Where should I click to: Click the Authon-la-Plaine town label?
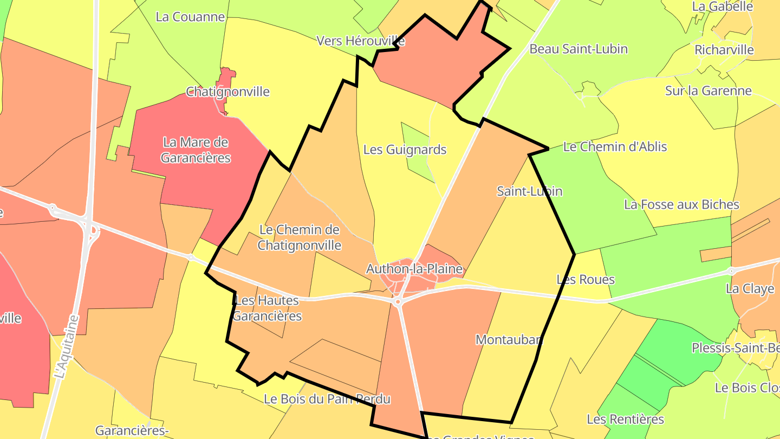click(414, 269)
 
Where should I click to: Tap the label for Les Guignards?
click(405, 150)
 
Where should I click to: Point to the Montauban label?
click(509, 340)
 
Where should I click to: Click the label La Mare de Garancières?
click(196, 150)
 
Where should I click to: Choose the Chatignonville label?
click(227, 92)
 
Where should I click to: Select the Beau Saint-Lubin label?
click(578, 49)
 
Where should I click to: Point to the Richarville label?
click(724, 50)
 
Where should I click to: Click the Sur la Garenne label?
click(708, 91)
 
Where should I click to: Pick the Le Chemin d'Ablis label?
click(615, 147)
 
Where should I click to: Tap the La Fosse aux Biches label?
click(681, 205)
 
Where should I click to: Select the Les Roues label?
click(586, 280)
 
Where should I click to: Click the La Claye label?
click(750, 288)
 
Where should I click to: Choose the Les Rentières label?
click(625, 419)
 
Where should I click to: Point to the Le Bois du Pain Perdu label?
click(327, 399)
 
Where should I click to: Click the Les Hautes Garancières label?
click(268, 308)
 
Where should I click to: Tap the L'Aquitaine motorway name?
click(67, 347)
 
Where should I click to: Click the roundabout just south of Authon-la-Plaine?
click(398, 301)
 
